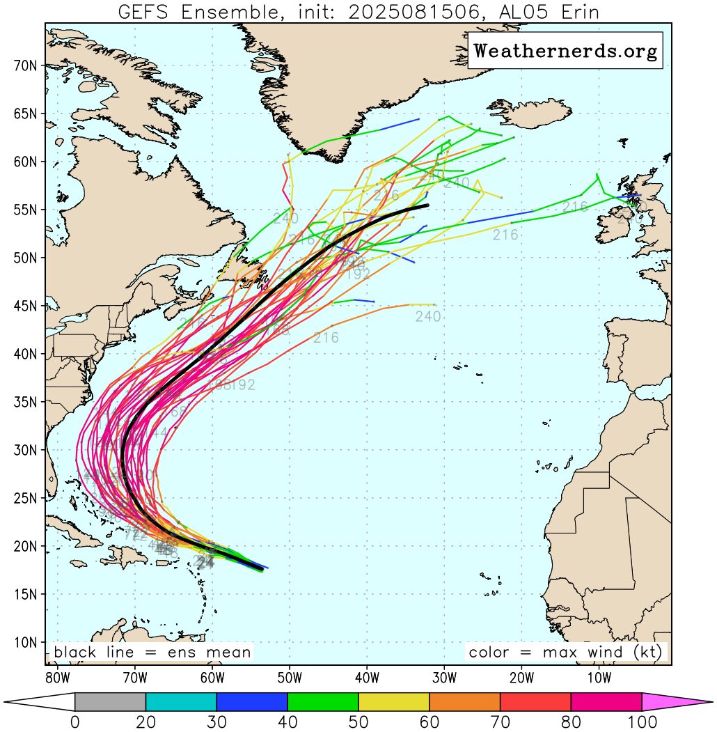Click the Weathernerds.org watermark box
click(x=565, y=51)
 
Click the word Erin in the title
click(x=574, y=12)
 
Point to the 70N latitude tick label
click(x=27, y=65)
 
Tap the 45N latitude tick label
click(x=27, y=306)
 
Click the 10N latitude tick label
click(x=27, y=642)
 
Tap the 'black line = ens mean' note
click(x=152, y=653)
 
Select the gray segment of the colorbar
click(x=110, y=702)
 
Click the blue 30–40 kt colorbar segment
click(x=251, y=702)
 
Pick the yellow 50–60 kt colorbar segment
click(x=393, y=702)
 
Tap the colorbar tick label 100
click(x=641, y=722)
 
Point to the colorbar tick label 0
click(x=74, y=722)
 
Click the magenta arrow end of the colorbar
click(x=675, y=702)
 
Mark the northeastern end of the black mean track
click(x=427, y=205)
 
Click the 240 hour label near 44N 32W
click(x=428, y=317)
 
